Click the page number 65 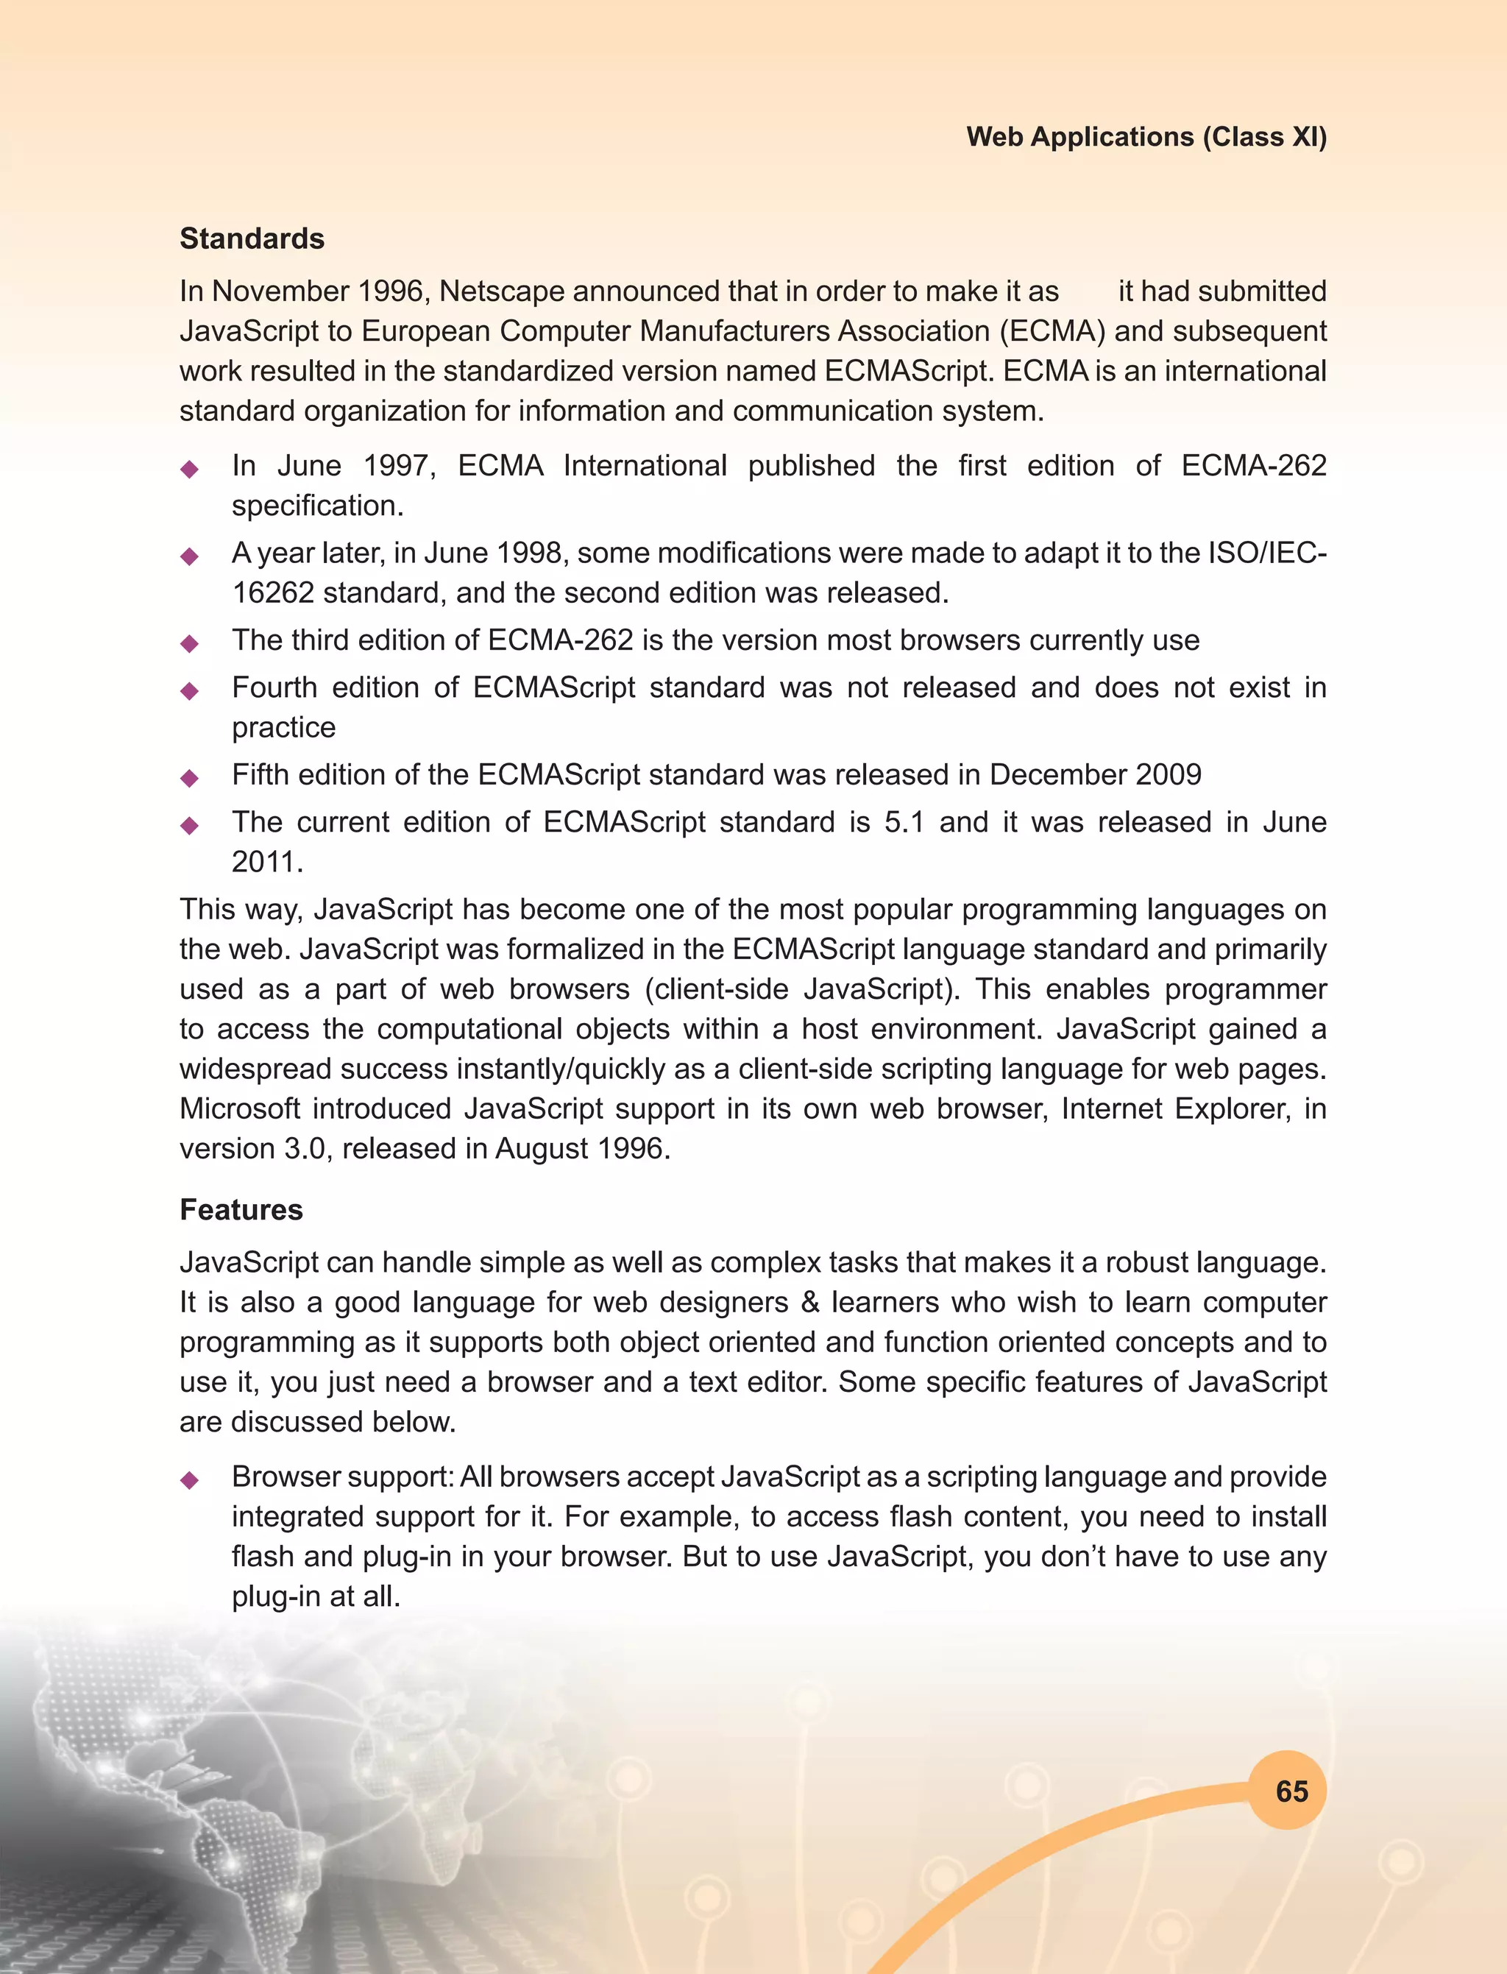click(1291, 1791)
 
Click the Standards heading click(252, 238)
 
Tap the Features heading click(241, 1209)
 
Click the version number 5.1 click(904, 822)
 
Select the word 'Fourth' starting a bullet click(274, 687)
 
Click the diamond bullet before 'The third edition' click(189, 643)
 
